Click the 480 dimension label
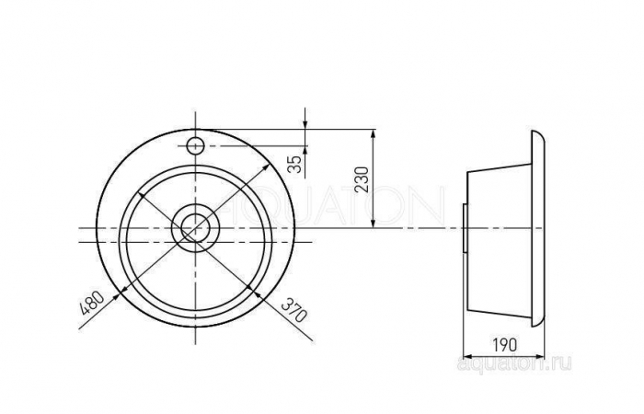pos(92,303)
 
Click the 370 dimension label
pos(294,311)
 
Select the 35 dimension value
pos(295,165)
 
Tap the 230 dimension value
pos(362,179)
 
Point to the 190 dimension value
pos(504,345)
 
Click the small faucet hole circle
pos(195,145)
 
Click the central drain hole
pos(195,228)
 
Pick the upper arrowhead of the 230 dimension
pos(373,135)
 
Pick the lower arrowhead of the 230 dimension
pos(373,223)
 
